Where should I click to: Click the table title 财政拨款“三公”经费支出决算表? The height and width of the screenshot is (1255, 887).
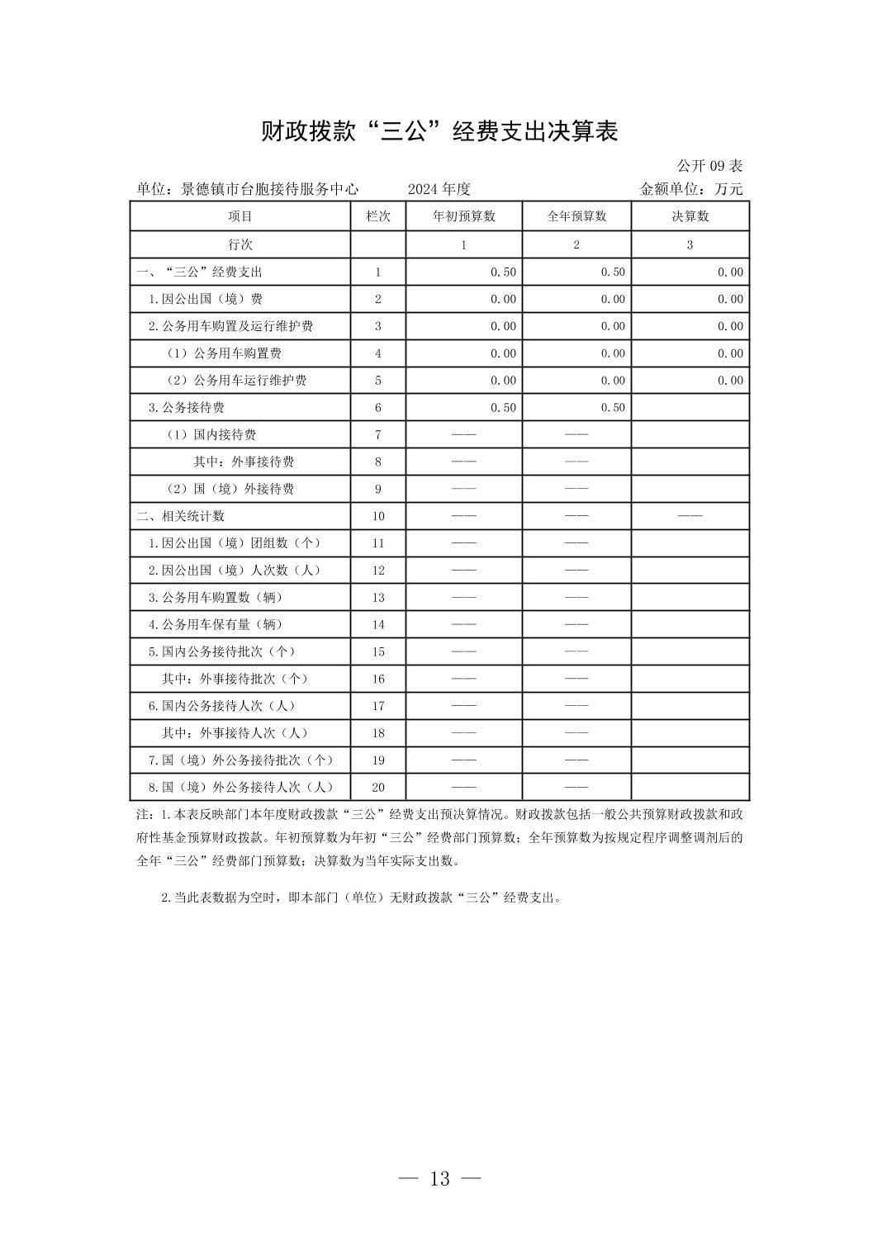pos(439,131)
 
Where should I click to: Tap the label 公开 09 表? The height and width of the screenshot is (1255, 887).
pos(709,165)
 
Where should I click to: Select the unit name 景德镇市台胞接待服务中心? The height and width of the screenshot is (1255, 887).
pos(269,189)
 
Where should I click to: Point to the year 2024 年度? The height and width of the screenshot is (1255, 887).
pos(439,189)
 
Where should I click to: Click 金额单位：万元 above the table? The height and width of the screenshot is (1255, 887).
pos(691,189)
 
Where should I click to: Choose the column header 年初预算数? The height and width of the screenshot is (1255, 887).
pos(463,216)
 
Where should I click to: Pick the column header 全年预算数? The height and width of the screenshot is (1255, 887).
pos(576,216)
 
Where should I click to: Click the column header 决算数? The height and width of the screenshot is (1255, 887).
pos(690,216)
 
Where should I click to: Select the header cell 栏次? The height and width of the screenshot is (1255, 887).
pos(378,216)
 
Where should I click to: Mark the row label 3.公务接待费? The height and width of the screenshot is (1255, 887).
pos(186,407)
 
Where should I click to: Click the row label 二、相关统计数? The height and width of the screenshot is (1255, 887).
pos(180,516)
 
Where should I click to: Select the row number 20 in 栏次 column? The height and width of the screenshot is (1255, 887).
pos(378,788)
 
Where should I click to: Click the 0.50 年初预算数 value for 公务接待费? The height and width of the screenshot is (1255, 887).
pos(503,407)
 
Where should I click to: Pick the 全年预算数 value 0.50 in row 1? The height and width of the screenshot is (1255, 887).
pos(613,272)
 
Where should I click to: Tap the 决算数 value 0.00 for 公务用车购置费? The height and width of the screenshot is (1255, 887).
pos(730,353)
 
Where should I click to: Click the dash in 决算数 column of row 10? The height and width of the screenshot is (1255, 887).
pos(690,516)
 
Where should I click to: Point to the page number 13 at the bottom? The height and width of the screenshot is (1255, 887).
pos(440,1178)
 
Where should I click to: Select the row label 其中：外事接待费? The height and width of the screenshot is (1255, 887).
pos(244,462)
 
